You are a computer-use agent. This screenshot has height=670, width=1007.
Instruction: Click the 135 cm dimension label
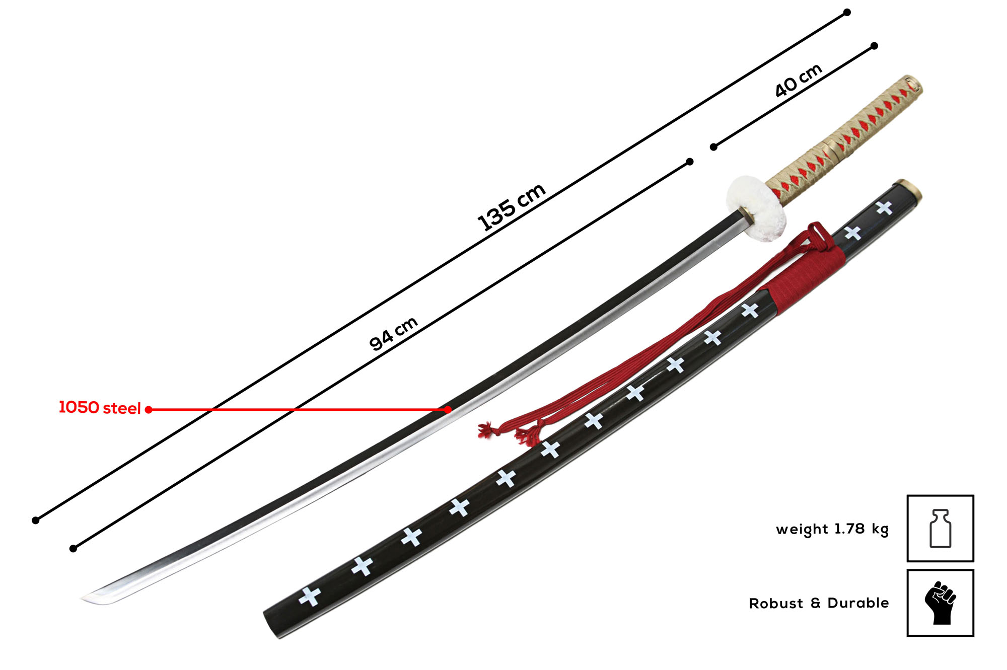[512, 207]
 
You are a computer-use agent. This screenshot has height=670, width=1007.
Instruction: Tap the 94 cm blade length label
[393, 333]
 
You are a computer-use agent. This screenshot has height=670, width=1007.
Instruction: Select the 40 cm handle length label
[799, 80]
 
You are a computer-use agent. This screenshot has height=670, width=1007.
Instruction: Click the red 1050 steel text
[100, 407]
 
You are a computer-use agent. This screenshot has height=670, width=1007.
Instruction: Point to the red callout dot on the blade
[448, 410]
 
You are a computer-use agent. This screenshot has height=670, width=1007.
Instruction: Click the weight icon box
[940, 528]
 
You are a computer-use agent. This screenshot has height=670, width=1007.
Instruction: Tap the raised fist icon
[940, 603]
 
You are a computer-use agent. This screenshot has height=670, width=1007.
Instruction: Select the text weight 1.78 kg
[832, 529]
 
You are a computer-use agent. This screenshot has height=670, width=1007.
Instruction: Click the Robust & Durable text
[819, 603]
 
